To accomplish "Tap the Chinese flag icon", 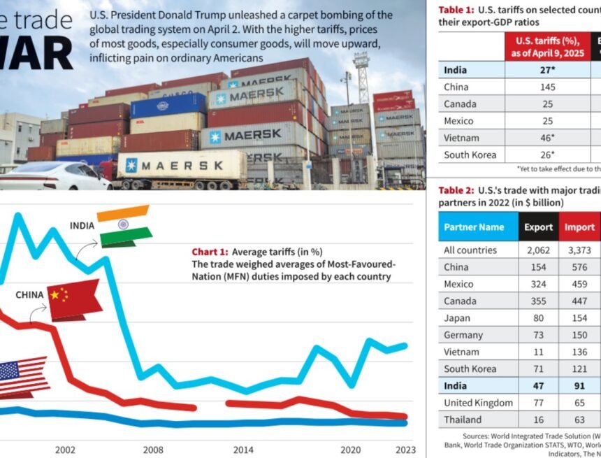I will click(x=73, y=299).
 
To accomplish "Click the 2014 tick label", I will click(x=243, y=450).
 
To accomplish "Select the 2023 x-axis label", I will click(x=404, y=450).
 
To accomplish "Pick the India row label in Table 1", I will click(x=456, y=70).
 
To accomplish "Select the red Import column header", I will click(x=579, y=227).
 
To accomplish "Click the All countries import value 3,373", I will click(x=579, y=250).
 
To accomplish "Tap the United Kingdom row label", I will click(x=478, y=403).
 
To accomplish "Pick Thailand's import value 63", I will click(x=579, y=420).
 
